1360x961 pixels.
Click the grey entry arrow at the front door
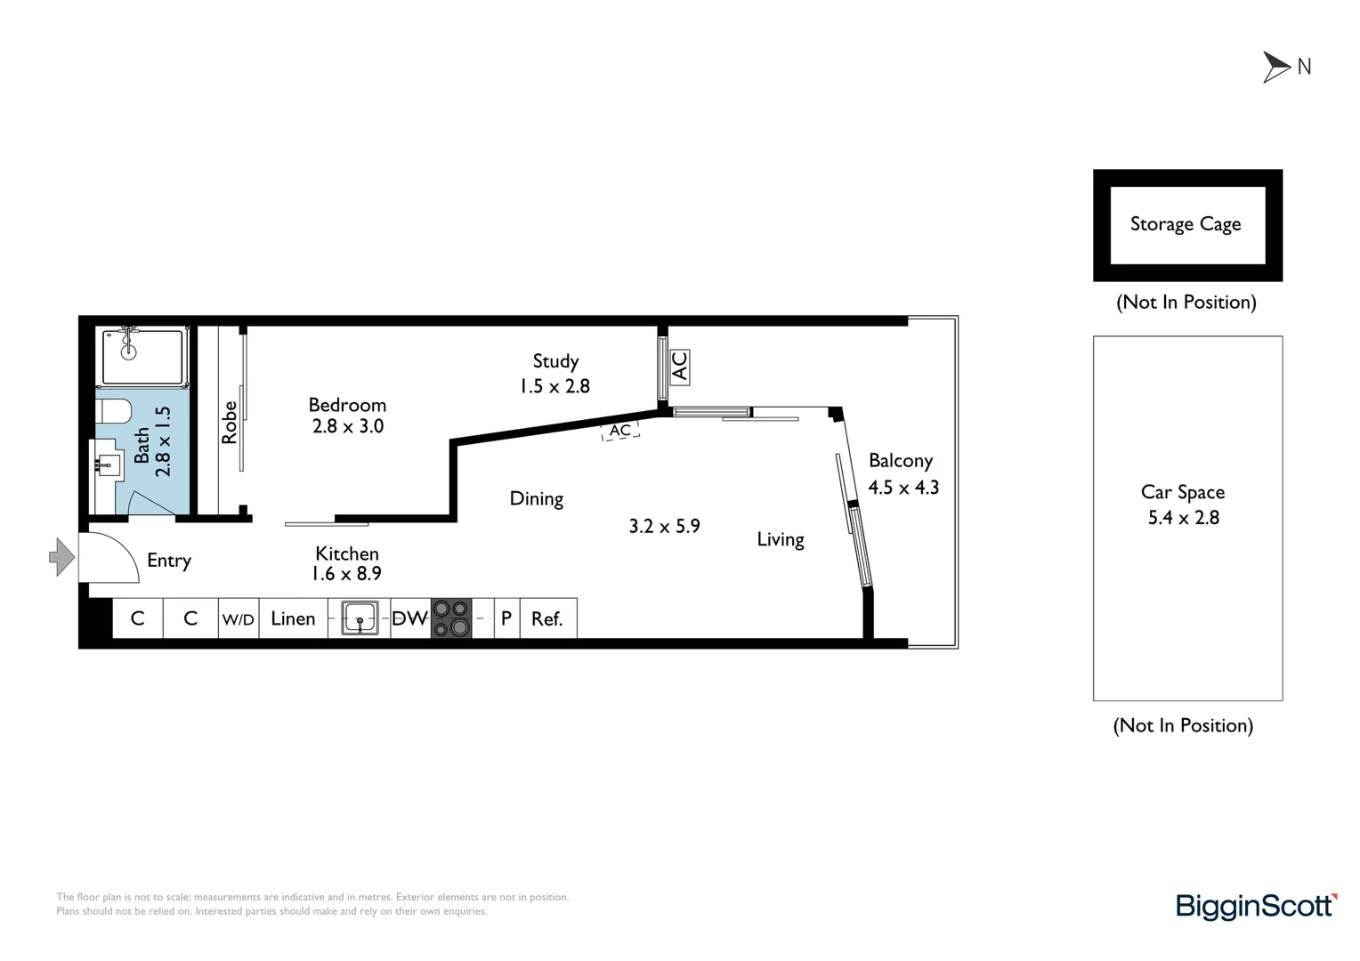61,557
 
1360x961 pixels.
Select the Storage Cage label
1185,224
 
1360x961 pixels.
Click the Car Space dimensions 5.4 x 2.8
1183,518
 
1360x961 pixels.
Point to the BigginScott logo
1255,906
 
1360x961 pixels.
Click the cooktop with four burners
450,618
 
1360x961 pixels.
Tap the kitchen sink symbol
360,618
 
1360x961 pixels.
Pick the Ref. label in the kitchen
546,619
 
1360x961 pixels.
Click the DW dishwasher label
409,618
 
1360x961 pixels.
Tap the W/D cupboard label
238,619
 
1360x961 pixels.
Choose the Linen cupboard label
293,619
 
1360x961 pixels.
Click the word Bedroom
347,405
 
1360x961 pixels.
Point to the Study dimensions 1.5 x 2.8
555,386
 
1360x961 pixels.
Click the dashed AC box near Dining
620,431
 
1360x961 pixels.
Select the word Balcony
900,461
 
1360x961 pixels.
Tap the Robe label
230,423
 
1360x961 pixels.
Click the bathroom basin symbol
109,463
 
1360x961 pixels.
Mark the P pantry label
506,618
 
